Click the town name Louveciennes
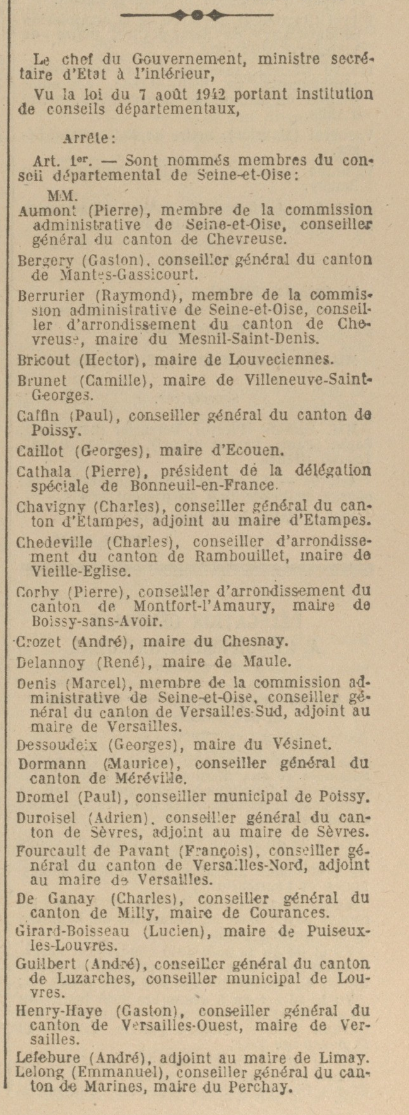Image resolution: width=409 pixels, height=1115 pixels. tap(288, 361)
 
